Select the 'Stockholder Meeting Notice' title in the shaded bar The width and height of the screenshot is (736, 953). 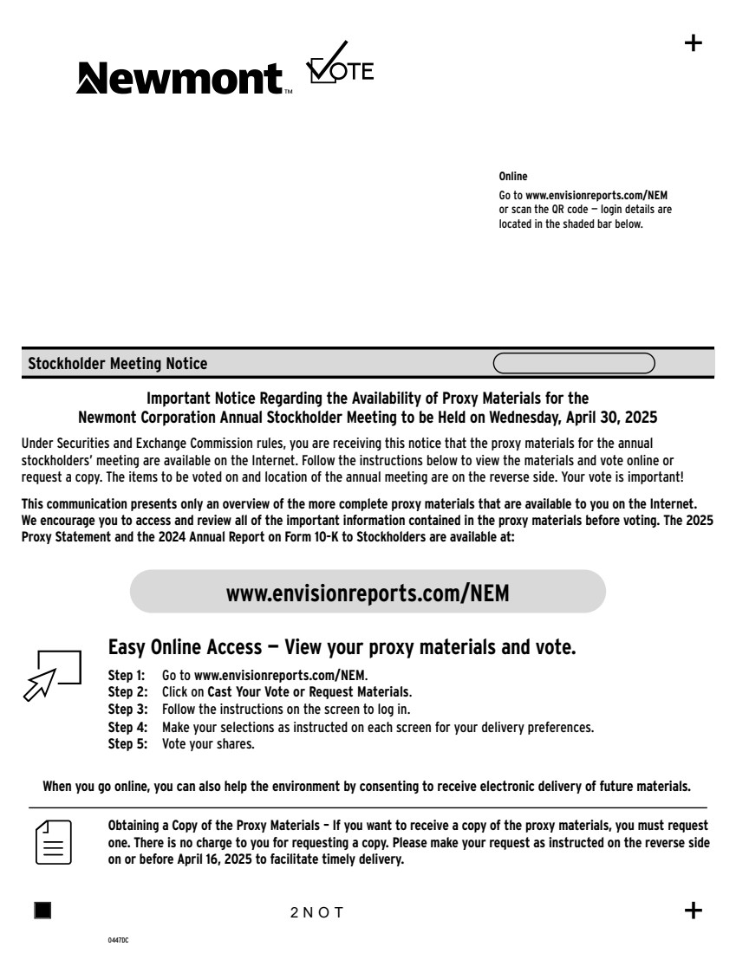pyautogui.click(x=118, y=364)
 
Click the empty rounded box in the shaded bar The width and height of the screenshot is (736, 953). pyautogui.click(x=574, y=364)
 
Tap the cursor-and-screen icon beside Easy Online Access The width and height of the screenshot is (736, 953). pyautogui.click(x=50, y=673)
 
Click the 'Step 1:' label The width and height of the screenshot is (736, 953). pyautogui.click(x=127, y=674)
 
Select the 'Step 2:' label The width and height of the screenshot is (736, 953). pyautogui.click(x=127, y=692)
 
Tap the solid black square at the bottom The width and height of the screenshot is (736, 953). pyautogui.click(x=42, y=910)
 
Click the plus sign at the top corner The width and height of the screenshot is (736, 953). pyautogui.click(x=694, y=43)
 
